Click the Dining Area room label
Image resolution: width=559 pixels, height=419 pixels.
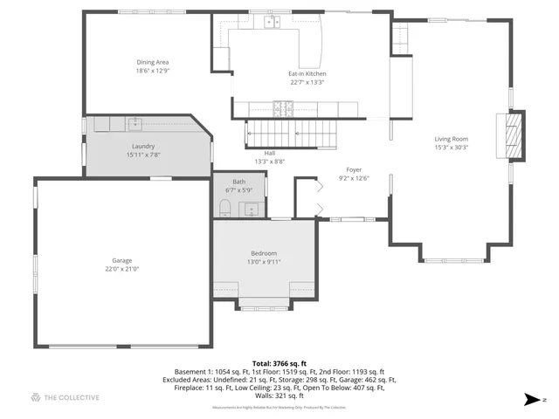click(x=153, y=62)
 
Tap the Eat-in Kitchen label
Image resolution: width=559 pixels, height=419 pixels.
click(x=307, y=74)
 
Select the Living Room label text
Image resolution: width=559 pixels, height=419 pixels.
click(x=452, y=139)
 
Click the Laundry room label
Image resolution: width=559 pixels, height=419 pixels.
click(x=144, y=146)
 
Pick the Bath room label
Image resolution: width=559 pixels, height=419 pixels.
click(x=238, y=181)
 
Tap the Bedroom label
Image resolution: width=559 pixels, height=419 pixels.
click(x=264, y=253)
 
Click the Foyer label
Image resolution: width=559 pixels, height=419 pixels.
click(x=354, y=169)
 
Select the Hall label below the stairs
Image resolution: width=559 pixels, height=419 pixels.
click(x=269, y=153)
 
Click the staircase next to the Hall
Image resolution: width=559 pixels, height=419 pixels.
click(x=288, y=134)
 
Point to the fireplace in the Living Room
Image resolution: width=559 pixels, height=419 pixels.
click(x=514, y=134)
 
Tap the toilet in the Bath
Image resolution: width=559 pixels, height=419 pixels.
click(x=224, y=207)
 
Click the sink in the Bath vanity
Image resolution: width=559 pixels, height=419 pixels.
click(x=250, y=209)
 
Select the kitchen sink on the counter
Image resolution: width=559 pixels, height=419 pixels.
click(x=273, y=22)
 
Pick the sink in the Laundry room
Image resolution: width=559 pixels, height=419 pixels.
click(x=135, y=123)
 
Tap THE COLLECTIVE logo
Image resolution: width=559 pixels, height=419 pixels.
click(x=65, y=398)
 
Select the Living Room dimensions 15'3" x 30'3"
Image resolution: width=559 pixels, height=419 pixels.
click(x=452, y=148)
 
